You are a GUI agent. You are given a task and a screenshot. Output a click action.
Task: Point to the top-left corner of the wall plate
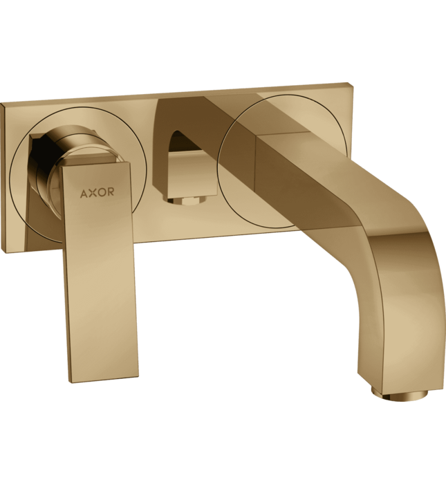point(2,103)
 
